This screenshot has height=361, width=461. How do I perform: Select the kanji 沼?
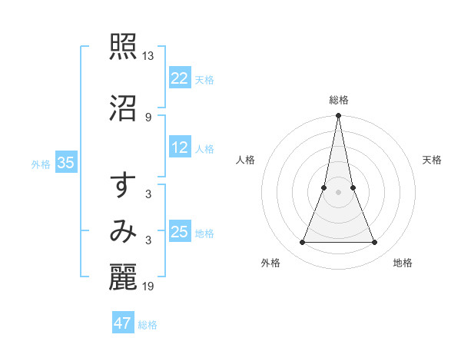(123, 108)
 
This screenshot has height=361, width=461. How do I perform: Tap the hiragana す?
(123, 186)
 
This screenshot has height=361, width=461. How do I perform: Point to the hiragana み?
(123, 231)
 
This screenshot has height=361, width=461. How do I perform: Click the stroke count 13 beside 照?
(148, 56)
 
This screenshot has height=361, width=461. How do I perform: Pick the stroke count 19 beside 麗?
(148, 286)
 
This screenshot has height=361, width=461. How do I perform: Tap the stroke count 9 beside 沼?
(148, 117)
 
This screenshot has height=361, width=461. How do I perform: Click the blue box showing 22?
(180, 78)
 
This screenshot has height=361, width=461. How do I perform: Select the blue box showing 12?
(180, 148)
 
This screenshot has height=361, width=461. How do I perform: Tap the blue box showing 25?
(180, 232)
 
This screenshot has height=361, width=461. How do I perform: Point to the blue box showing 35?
(65, 163)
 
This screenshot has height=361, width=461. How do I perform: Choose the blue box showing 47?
(123, 323)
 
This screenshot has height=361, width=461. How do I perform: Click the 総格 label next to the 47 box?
(148, 325)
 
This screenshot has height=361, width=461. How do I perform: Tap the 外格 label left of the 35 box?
(41, 164)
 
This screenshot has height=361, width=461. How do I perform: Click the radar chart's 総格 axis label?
(339, 100)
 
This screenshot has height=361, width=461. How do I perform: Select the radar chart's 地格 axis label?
(403, 263)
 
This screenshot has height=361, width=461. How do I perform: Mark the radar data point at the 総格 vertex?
(338, 116)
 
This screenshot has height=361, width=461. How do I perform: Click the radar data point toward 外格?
(302, 243)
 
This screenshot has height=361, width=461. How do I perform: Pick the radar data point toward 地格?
(375, 243)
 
